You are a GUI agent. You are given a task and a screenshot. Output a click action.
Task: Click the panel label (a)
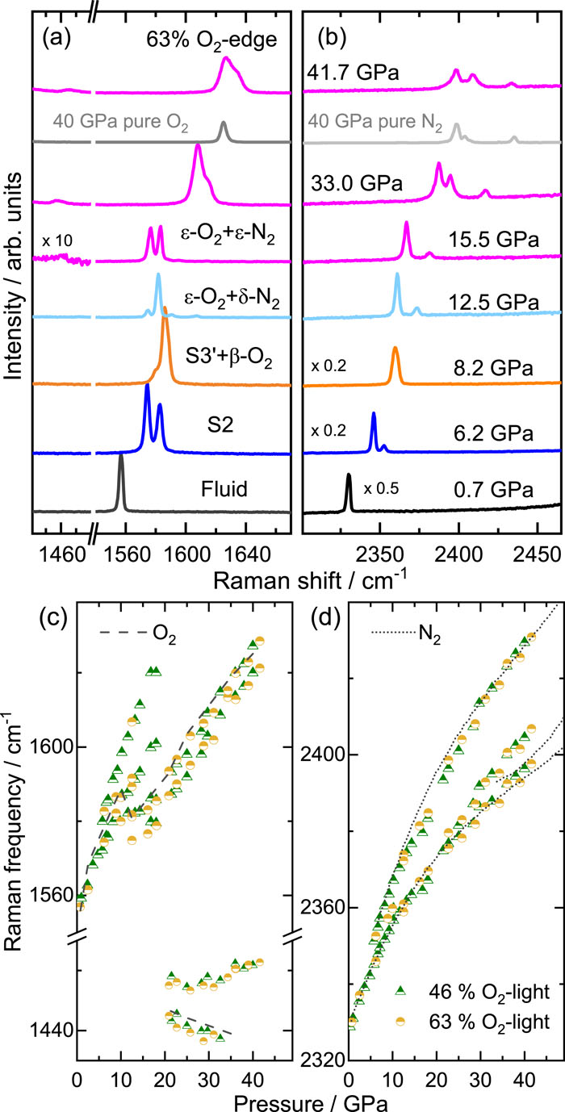[57, 38]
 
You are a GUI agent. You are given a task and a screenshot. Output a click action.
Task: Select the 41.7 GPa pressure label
[353, 73]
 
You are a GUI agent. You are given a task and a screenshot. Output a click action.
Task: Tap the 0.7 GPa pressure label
[493, 490]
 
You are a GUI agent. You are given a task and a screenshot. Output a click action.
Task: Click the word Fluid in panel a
[224, 489]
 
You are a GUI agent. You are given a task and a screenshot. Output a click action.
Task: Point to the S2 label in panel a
[220, 425]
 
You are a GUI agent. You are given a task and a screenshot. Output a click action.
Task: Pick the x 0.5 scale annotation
[381, 488]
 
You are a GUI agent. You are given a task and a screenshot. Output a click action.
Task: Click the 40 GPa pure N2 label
[375, 122]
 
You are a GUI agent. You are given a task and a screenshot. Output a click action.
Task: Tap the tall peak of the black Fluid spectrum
[120, 457]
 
